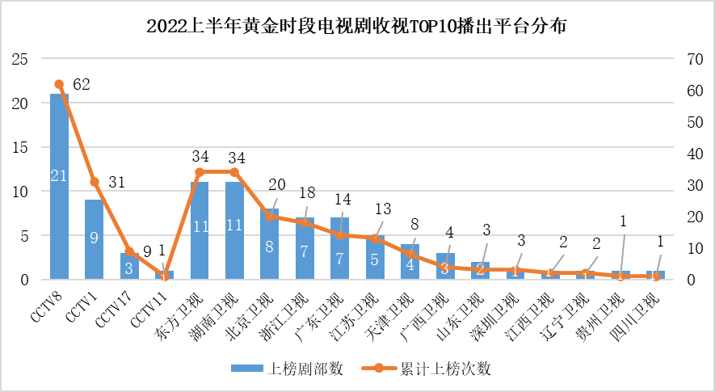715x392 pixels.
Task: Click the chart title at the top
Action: click(x=356, y=26)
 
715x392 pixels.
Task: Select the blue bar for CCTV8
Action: click(x=59, y=186)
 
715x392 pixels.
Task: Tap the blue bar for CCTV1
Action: click(x=94, y=239)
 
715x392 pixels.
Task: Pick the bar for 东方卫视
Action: click(x=200, y=230)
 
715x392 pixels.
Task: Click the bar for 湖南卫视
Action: click(x=234, y=230)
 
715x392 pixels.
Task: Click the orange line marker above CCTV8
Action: click(x=59, y=84)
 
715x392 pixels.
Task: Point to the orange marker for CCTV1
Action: click(x=94, y=182)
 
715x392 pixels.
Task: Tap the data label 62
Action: click(x=82, y=84)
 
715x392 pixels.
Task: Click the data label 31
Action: click(x=116, y=183)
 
